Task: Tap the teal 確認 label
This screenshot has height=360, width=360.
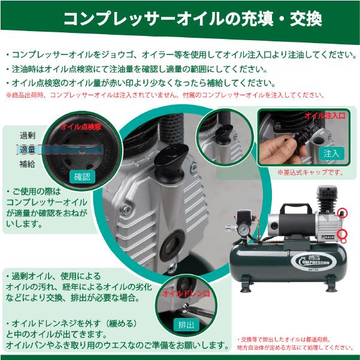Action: [x=81, y=177]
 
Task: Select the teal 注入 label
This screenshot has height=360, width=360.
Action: [x=331, y=153]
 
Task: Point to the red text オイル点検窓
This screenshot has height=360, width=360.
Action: [x=80, y=127]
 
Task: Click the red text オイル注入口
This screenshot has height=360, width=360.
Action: [x=325, y=115]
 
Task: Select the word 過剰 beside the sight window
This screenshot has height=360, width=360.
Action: [x=28, y=135]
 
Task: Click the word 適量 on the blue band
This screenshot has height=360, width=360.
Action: [x=28, y=149]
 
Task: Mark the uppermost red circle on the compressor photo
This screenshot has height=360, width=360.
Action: [x=343, y=213]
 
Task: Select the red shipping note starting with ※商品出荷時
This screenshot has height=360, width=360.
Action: [x=165, y=95]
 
